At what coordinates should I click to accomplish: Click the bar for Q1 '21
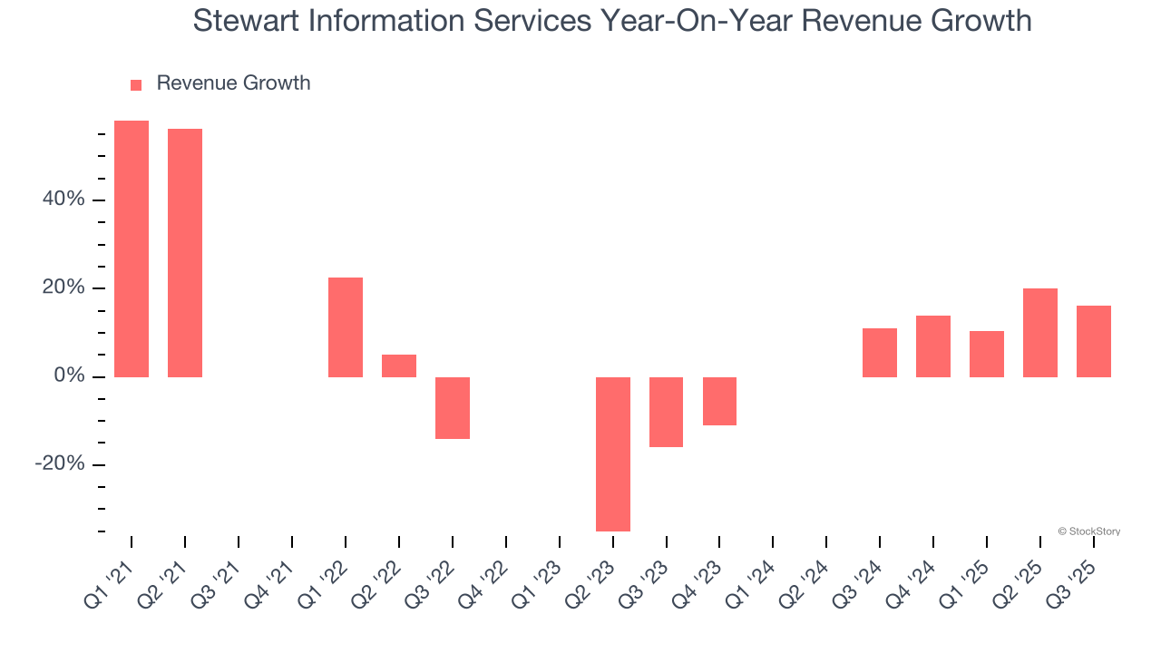click(132, 249)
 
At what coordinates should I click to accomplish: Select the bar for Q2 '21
click(185, 253)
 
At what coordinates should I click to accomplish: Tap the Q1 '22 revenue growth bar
click(346, 327)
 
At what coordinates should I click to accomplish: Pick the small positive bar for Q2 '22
click(399, 365)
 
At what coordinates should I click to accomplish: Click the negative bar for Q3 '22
click(453, 408)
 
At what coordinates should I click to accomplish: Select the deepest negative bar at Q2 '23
click(613, 453)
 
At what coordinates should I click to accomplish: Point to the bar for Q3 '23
click(667, 412)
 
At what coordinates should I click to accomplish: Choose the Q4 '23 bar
click(719, 401)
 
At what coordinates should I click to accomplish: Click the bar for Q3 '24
click(880, 353)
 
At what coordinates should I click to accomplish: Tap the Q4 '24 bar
click(933, 346)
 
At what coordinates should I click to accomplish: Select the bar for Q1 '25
click(987, 354)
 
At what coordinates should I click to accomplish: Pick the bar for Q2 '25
click(1040, 333)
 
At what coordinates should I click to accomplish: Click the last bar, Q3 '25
click(1094, 341)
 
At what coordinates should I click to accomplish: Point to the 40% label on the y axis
click(63, 200)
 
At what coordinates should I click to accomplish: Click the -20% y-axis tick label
click(60, 464)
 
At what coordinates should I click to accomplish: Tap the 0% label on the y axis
click(69, 376)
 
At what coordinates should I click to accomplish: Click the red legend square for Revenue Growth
click(136, 84)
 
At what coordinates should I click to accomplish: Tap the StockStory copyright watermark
click(1088, 531)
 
